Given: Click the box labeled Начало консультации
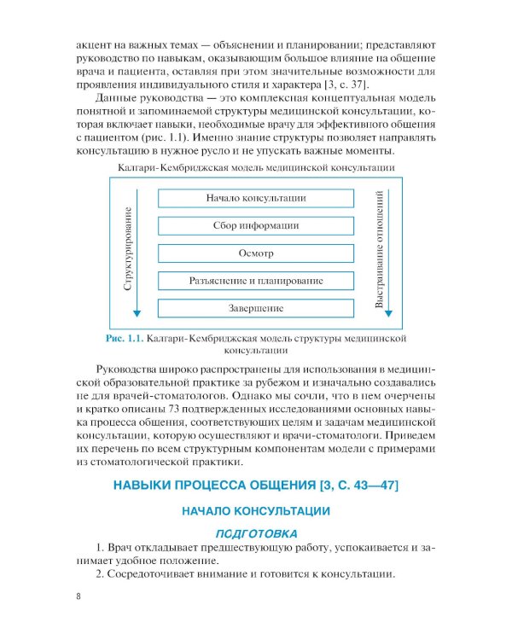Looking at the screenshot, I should (x=256, y=198).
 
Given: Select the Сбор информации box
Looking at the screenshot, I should (x=256, y=225).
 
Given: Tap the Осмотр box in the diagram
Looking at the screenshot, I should (x=256, y=253).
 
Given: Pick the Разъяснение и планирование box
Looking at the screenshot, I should (x=256, y=280).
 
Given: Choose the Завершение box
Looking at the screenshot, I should (x=256, y=307).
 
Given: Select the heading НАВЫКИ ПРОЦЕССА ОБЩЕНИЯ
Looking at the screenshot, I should (x=256, y=486).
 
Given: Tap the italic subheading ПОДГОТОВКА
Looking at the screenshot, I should (x=256, y=532).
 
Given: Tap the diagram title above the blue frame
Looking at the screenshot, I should (x=256, y=167).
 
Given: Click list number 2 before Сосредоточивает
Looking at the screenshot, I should (x=100, y=574).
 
